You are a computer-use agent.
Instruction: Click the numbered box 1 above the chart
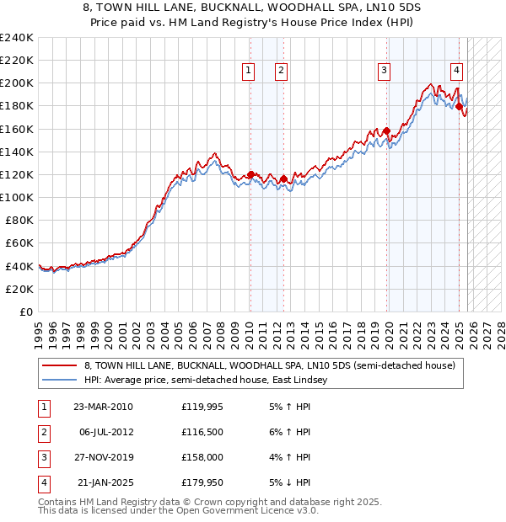(x=250, y=72)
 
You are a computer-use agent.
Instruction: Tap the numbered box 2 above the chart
(x=280, y=72)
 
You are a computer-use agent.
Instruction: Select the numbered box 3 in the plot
(x=384, y=72)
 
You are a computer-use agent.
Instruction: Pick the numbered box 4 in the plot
(x=455, y=72)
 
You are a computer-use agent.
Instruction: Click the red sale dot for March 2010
(x=250, y=174)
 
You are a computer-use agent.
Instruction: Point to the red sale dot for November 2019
(x=387, y=131)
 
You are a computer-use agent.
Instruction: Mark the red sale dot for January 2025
(x=459, y=106)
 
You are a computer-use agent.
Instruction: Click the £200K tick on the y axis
(x=17, y=83)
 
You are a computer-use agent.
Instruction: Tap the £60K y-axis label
(x=19, y=242)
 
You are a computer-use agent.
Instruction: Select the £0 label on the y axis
(x=27, y=312)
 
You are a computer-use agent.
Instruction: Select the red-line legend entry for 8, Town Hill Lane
(x=269, y=365)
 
